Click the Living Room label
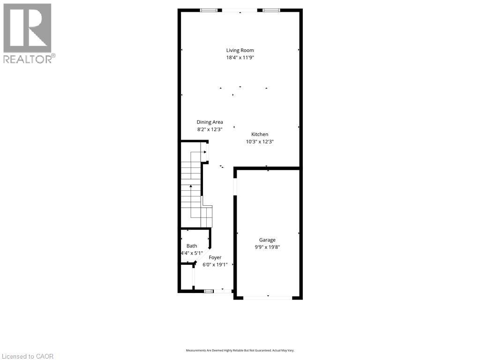click(x=240, y=50)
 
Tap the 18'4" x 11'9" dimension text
click(x=240, y=58)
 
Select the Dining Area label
click(x=210, y=122)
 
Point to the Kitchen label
click(x=260, y=134)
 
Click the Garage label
click(x=267, y=240)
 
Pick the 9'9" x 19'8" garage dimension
click(x=267, y=247)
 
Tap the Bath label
click(x=192, y=246)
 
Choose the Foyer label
click(x=215, y=257)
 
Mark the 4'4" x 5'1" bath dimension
click(x=192, y=253)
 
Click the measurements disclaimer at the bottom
click(x=240, y=350)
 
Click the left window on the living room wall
click(x=209, y=10)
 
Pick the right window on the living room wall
click(x=271, y=10)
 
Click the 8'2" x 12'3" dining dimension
click(x=210, y=129)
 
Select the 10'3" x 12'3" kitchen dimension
click(x=260, y=141)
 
